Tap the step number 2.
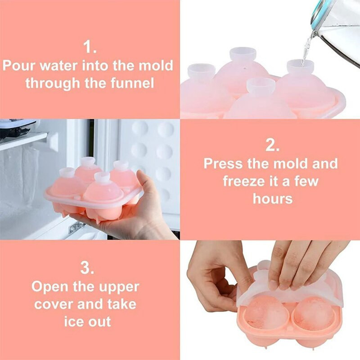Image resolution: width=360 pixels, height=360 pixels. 272,145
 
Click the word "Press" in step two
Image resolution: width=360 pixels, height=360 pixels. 223,163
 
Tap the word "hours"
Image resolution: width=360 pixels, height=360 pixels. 273,198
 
